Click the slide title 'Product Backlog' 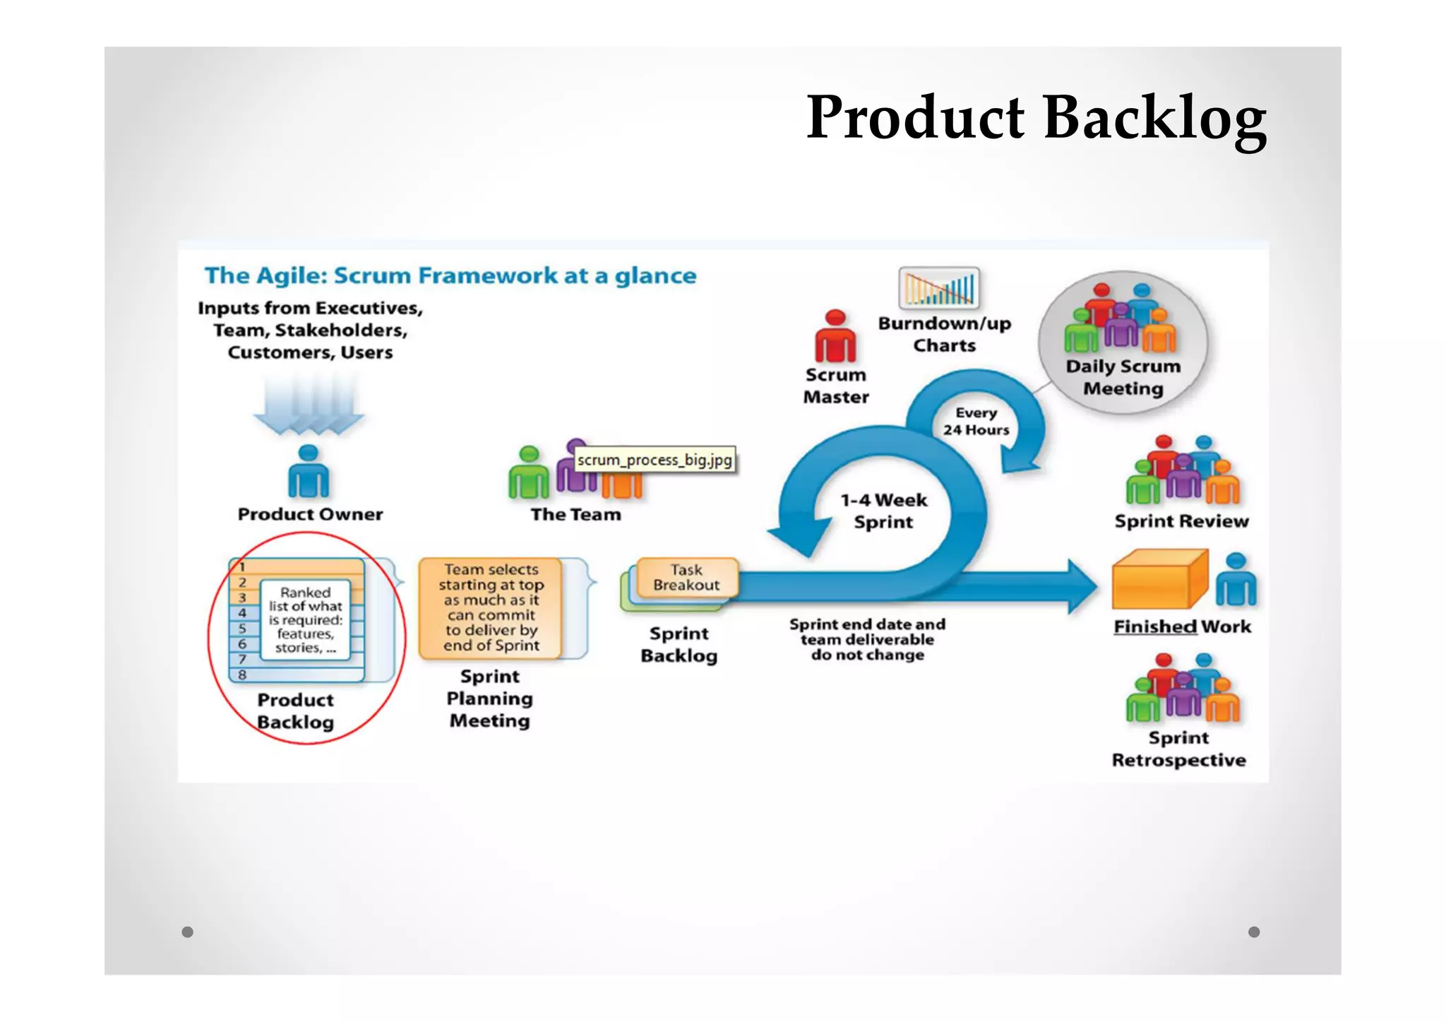[1036, 118]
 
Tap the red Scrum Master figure [835, 337]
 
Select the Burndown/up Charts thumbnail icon [938, 288]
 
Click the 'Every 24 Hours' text [976, 421]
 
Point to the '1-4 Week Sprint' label [883, 511]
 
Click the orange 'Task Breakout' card [686, 578]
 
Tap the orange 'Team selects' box [491, 607]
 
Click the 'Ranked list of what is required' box [305, 619]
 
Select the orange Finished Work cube [1158, 581]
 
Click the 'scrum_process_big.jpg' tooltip [655, 460]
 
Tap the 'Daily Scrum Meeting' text [1123, 377]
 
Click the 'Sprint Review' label [1181, 521]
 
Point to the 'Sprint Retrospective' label [1178, 749]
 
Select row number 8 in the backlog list [242, 675]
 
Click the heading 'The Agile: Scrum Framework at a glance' [450, 275]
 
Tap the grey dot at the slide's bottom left [187, 932]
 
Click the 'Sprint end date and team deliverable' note [867, 639]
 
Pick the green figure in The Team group [528, 474]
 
